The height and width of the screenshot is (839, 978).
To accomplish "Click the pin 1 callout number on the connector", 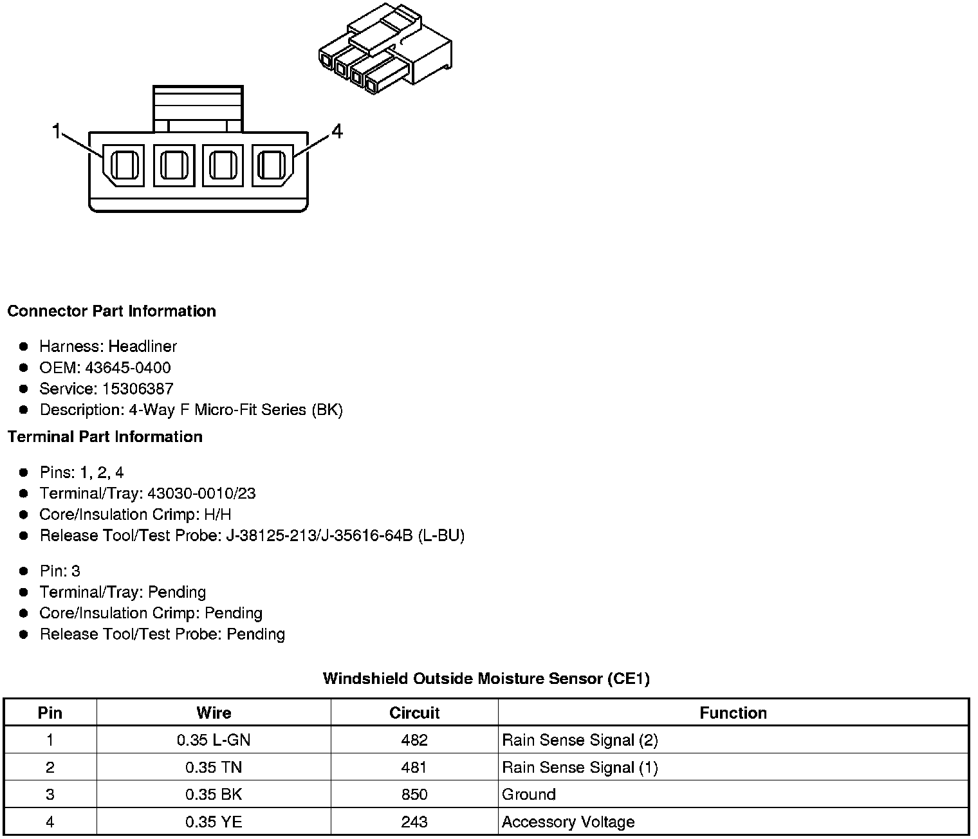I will tap(56, 131).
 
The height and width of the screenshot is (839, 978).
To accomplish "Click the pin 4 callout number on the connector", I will tap(337, 131).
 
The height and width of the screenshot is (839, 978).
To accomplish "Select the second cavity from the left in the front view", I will tap(174, 165).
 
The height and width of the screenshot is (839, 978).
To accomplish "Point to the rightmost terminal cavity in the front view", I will tap(272, 165).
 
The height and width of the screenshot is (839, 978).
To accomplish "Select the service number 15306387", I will tap(138, 389).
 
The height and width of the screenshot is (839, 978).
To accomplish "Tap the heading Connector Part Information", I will tap(111, 311).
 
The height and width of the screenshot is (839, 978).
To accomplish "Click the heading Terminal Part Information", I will tap(105, 437).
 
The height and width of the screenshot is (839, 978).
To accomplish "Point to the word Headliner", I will tap(142, 347).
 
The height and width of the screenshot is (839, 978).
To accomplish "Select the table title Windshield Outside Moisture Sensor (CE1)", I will tap(486, 679).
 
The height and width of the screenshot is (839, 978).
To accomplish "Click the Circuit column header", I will tap(414, 713).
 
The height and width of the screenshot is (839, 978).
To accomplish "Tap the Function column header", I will tap(733, 713).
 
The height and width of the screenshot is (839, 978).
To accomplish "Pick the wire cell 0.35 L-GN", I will tap(214, 741).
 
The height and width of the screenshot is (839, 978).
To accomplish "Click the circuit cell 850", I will tap(414, 795).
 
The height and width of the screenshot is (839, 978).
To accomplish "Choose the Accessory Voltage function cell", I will tap(568, 822).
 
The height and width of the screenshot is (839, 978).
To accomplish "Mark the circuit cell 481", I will tap(414, 768).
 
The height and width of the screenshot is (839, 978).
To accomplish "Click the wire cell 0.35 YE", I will tap(214, 822).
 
